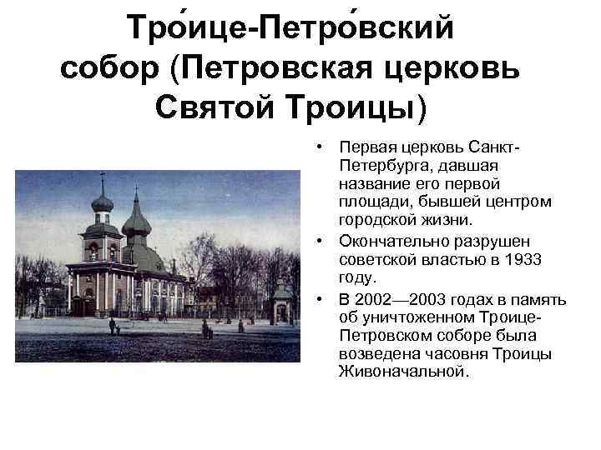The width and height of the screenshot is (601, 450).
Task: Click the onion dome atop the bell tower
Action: (102, 202)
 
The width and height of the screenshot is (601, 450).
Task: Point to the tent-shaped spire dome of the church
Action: (135, 218)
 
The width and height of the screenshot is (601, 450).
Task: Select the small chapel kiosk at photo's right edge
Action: (284, 302)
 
